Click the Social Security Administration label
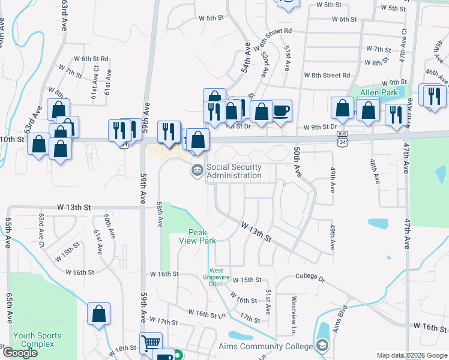pyautogui.click(x=234, y=172)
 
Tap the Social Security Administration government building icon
pyautogui.click(x=197, y=172)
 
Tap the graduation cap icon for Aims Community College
pyautogui.click(x=323, y=346)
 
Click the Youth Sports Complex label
pyautogui.click(x=37, y=340)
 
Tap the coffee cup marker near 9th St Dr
pyautogui.click(x=282, y=110)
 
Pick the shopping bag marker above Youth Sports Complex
pyautogui.click(x=99, y=313)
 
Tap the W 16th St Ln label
pyautogui.click(x=206, y=313)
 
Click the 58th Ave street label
pyautogui.click(x=160, y=214)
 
